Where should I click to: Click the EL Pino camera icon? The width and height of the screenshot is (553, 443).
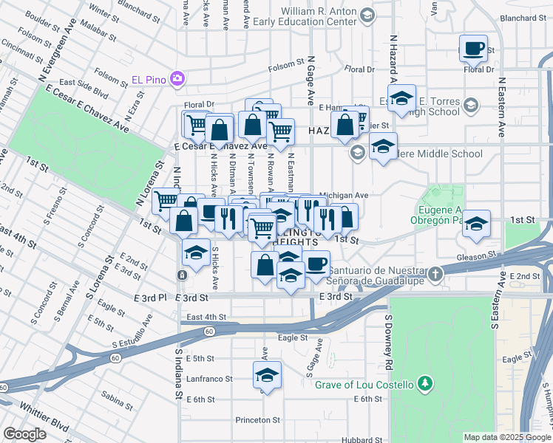click(x=177, y=78)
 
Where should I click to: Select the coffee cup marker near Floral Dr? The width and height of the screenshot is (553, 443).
click(x=473, y=49)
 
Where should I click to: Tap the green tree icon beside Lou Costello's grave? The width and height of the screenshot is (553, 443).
click(x=424, y=383)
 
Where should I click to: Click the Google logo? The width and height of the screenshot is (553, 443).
click(x=25, y=434)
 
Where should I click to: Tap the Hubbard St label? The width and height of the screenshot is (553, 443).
click(x=362, y=439)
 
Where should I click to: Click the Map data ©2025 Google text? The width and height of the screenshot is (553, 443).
click(x=506, y=437)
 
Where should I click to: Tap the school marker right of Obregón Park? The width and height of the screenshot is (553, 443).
click(x=476, y=224)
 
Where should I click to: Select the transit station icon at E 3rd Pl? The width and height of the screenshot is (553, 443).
click(x=181, y=275)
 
